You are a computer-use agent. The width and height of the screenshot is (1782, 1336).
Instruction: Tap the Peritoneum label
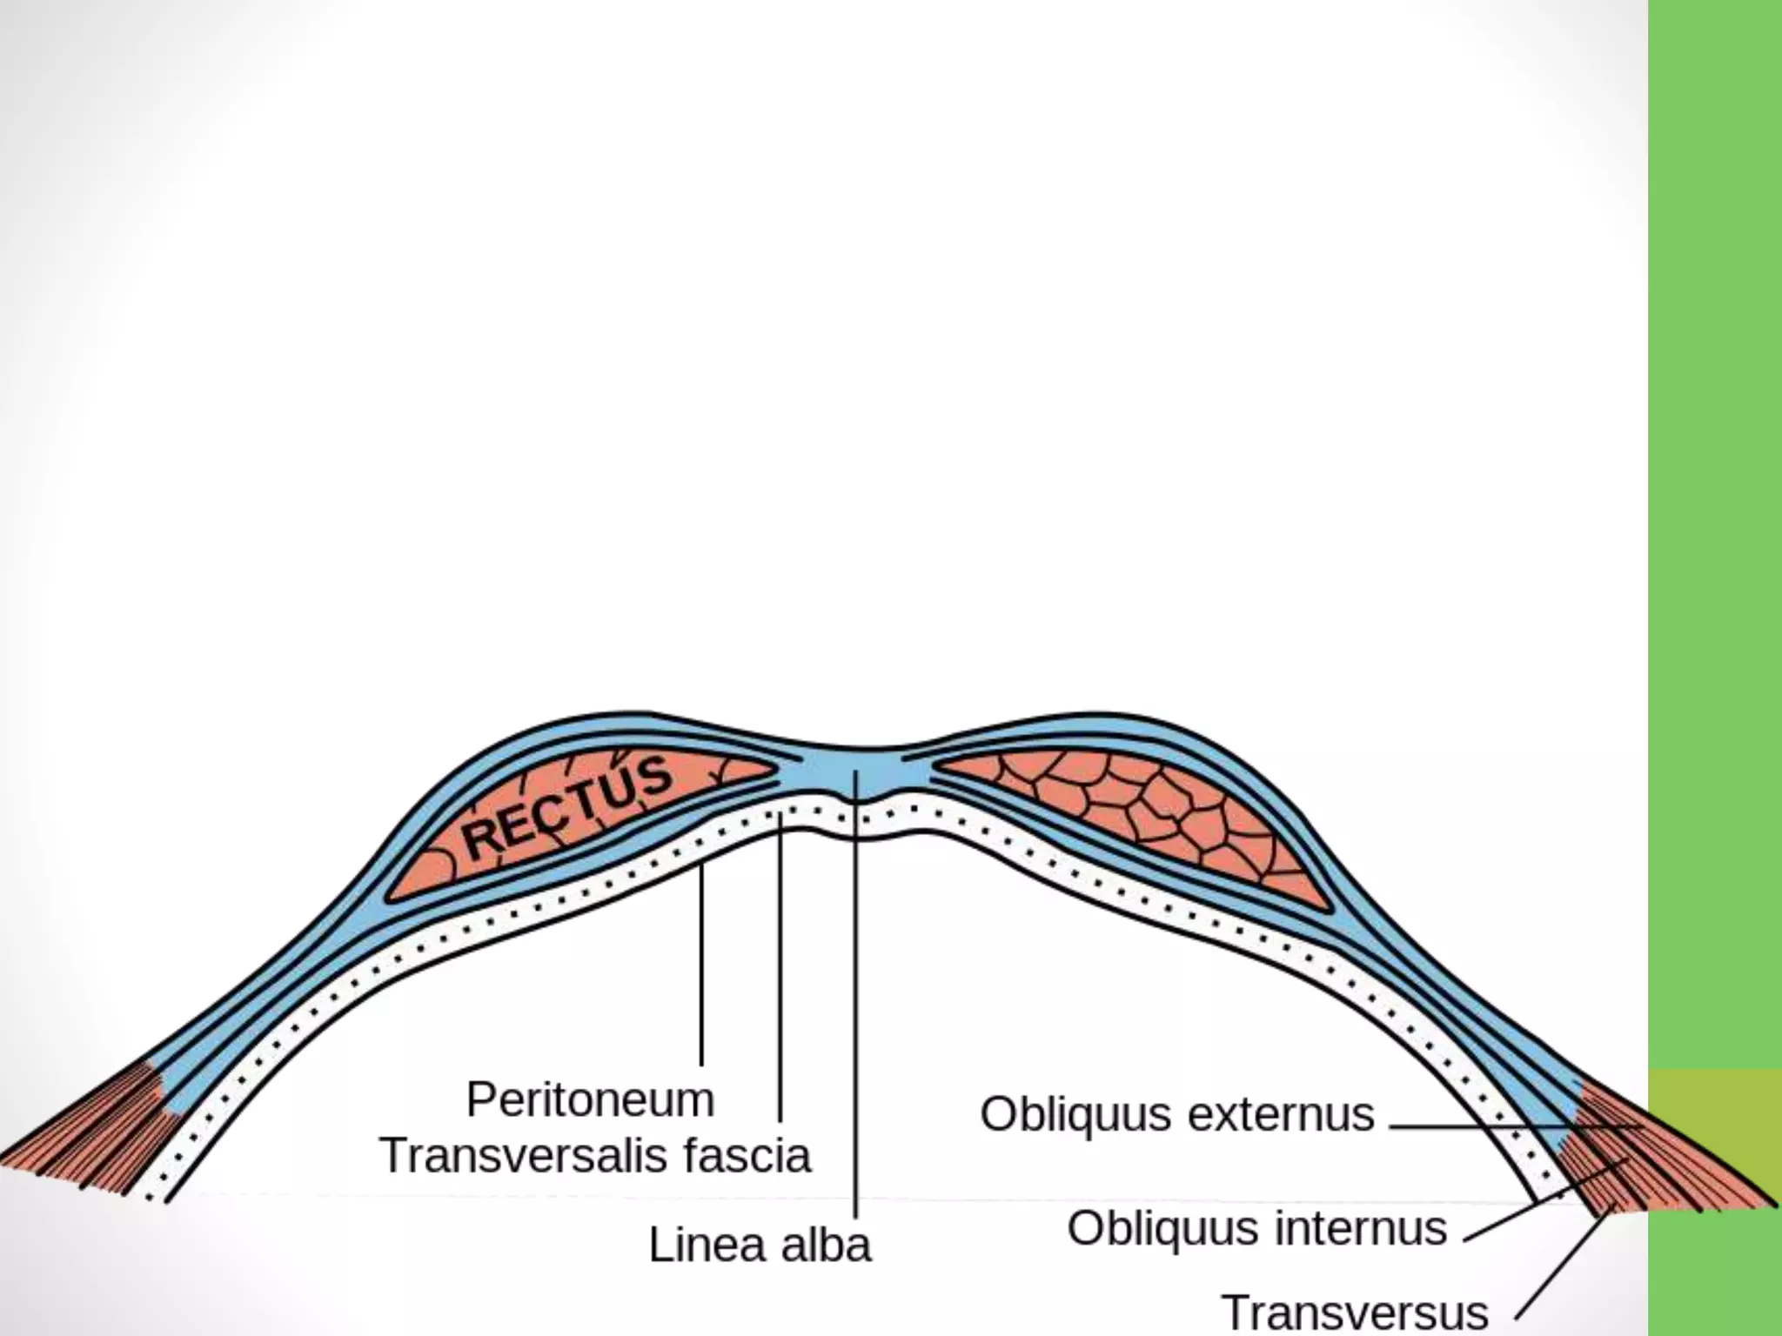click(590, 1099)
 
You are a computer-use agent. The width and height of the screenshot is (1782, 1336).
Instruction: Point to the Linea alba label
click(759, 1245)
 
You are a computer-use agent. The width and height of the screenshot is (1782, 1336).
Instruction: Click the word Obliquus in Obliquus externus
click(1075, 1115)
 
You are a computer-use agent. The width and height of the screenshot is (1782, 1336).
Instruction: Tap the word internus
click(1363, 1229)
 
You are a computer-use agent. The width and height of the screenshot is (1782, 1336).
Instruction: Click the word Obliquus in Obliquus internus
click(1163, 1229)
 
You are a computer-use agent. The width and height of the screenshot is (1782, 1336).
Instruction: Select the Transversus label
click(1354, 1313)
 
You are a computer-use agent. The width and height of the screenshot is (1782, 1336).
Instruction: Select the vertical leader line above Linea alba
click(856, 1000)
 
